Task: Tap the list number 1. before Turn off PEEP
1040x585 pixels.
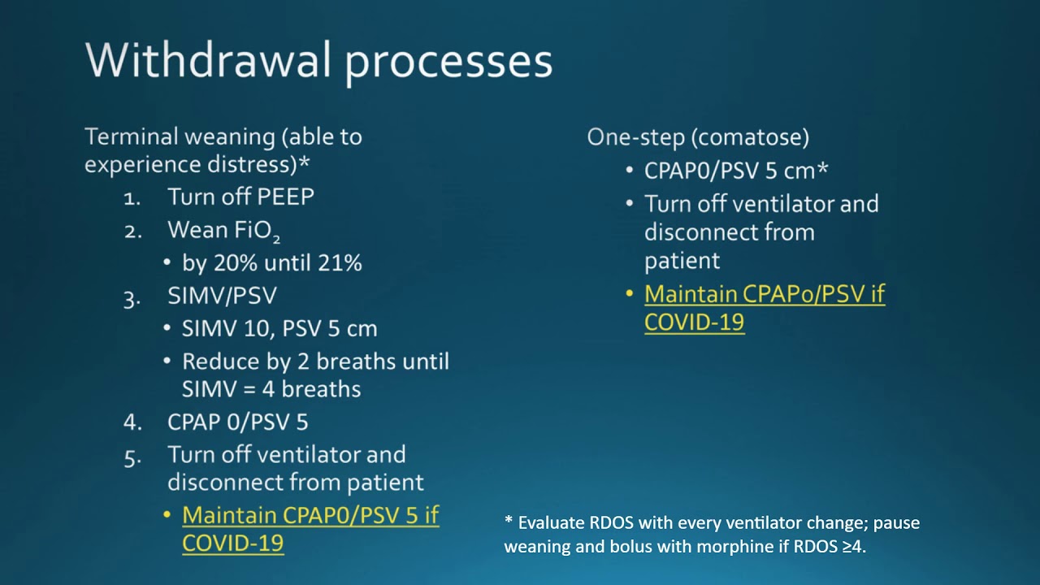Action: click(132, 197)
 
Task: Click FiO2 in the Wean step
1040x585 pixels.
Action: click(257, 231)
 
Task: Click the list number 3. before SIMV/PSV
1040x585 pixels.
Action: click(132, 297)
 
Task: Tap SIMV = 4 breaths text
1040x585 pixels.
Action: click(271, 389)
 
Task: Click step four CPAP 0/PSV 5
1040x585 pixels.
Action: click(237, 422)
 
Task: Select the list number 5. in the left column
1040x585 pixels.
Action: click(132, 457)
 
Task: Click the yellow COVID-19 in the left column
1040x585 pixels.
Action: click(232, 543)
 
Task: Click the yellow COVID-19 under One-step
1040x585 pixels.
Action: click(694, 322)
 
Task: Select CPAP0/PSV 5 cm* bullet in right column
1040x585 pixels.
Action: click(735, 171)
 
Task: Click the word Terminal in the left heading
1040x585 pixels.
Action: click(131, 136)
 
